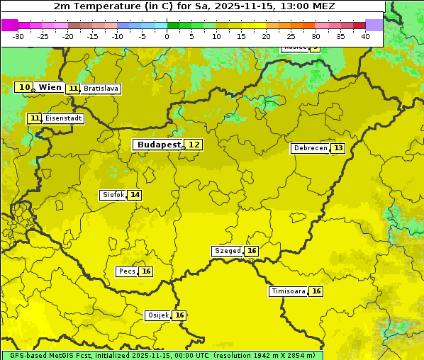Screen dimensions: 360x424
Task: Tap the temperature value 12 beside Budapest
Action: (194, 145)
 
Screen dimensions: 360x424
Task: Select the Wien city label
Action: (50, 87)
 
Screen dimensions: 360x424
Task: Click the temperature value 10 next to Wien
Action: (24, 87)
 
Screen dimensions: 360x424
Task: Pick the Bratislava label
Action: (100, 89)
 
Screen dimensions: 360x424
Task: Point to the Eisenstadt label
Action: (64, 118)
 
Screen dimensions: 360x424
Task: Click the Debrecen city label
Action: (310, 148)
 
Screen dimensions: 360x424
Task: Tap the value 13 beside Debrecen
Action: (338, 148)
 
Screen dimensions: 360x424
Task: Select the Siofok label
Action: (113, 195)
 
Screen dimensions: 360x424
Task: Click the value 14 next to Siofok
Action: (135, 195)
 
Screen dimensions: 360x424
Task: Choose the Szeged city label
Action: (227, 251)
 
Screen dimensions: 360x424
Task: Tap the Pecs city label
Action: (127, 271)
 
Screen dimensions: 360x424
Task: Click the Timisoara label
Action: (289, 291)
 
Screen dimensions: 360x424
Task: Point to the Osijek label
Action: (157, 315)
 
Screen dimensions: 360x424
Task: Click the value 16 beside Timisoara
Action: (316, 291)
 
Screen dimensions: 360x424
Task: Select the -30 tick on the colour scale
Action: (18, 36)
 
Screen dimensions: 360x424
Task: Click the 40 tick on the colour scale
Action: (365, 36)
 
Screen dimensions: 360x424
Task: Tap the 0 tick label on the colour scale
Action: (167, 36)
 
